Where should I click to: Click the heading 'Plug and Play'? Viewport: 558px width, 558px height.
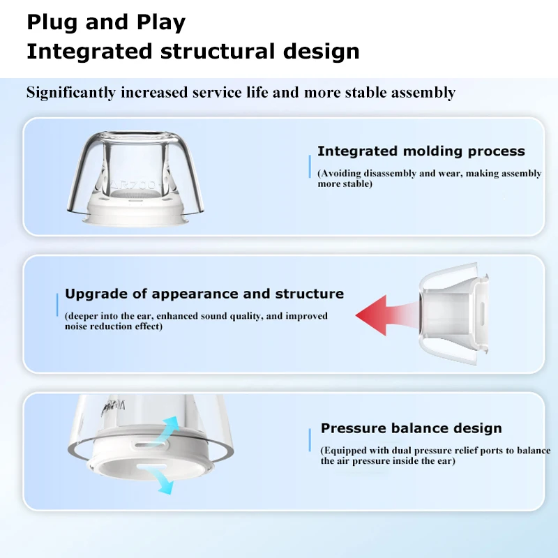(x=106, y=22)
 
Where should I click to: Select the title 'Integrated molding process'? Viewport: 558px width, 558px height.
(x=421, y=151)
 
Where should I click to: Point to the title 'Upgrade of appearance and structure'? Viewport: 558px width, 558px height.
(x=204, y=294)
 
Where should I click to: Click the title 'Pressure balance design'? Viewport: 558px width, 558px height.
(x=411, y=428)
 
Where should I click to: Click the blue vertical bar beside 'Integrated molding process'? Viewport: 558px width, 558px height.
(x=310, y=167)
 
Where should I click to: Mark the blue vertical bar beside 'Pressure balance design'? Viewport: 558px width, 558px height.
(x=310, y=441)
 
